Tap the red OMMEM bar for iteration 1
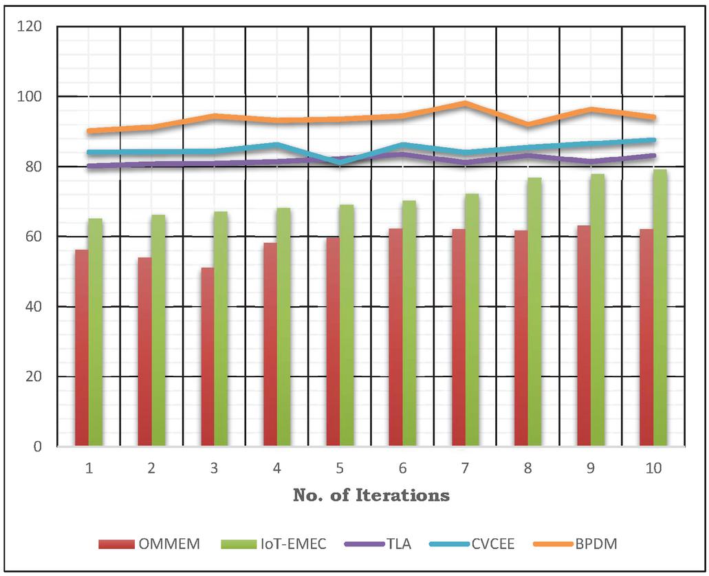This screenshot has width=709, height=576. [x=81, y=348]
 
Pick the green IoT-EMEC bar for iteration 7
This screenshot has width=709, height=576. [x=472, y=320]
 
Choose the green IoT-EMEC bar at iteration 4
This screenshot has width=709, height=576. [x=283, y=327]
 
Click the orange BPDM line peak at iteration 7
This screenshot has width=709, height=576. [x=466, y=103]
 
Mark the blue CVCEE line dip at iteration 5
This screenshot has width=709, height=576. [x=340, y=162]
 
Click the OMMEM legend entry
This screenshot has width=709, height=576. [x=149, y=544]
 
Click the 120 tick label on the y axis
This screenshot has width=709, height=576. [x=30, y=27]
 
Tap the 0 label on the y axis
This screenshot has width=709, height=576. [x=37, y=447]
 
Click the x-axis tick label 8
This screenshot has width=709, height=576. [x=528, y=469]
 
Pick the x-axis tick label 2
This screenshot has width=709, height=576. [x=151, y=469]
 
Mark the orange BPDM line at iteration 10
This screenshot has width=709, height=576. [x=653, y=117]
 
